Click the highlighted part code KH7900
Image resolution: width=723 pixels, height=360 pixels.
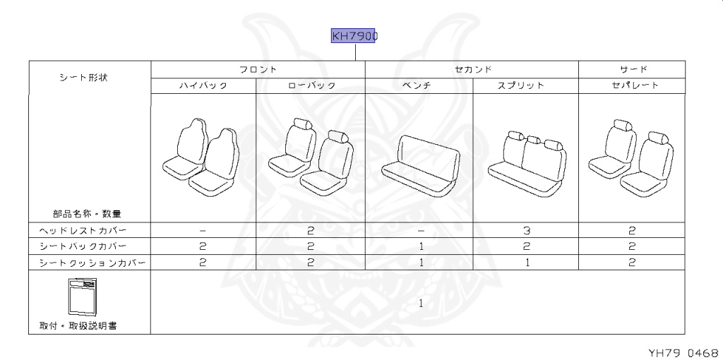(354, 35)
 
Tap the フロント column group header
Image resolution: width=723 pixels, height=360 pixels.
(258, 69)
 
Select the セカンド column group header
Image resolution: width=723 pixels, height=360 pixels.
(472, 69)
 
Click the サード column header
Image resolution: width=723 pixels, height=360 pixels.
(632, 69)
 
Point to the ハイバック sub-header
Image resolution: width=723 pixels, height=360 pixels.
(203, 85)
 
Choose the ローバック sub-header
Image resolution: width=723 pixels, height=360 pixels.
(311, 85)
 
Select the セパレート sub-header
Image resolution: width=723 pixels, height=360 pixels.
(632, 85)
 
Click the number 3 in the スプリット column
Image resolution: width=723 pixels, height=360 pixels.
(525, 231)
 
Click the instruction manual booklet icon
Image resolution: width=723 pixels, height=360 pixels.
(83, 296)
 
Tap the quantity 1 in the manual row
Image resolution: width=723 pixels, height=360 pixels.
(420, 304)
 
